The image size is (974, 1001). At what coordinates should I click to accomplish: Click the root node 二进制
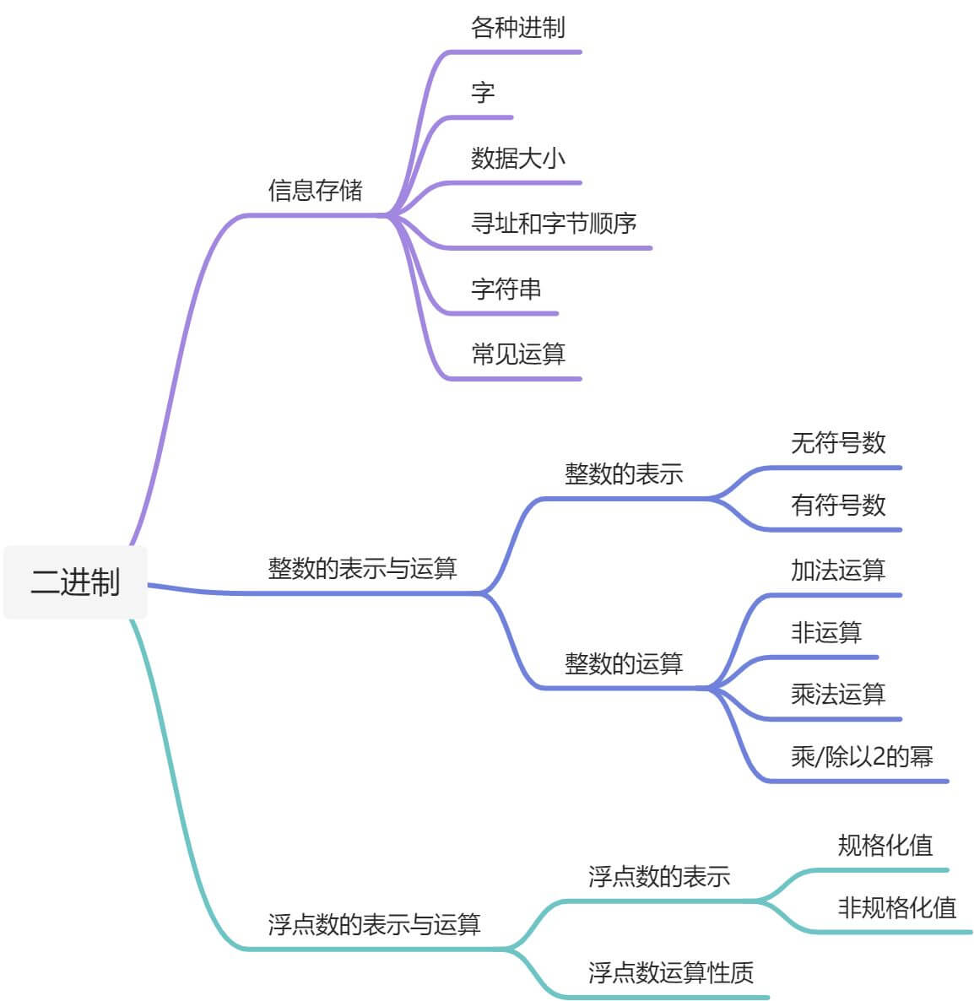point(75,582)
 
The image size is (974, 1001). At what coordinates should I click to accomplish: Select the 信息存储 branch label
point(315,190)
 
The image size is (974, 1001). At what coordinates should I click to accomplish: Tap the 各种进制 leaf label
point(517,28)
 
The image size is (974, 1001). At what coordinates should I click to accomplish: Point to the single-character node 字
point(483,93)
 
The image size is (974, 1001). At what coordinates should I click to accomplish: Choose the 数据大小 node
point(517,158)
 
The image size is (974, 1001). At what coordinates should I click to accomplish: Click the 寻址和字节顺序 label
point(553,224)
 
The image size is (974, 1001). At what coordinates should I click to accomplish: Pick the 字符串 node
point(506,289)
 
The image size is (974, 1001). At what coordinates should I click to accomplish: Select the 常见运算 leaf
point(517,354)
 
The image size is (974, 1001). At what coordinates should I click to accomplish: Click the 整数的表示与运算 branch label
point(362,568)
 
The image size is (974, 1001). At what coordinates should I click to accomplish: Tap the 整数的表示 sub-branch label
point(623,474)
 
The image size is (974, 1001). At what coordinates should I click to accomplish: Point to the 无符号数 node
point(837,442)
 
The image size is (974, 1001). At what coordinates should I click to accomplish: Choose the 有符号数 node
point(837,505)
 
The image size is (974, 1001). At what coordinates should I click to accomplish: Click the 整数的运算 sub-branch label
point(623,663)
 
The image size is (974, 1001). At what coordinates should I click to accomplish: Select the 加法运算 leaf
point(837,571)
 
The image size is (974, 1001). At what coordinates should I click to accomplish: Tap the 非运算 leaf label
point(825,632)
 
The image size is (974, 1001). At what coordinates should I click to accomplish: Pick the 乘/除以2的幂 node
point(861,756)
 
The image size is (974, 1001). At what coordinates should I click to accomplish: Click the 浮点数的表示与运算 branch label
point(374,925)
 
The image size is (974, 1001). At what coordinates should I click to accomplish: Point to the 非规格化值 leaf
point(896,907)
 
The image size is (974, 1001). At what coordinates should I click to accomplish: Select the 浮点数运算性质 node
point(670,972)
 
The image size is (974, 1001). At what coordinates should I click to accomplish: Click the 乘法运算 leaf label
point(837,694)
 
